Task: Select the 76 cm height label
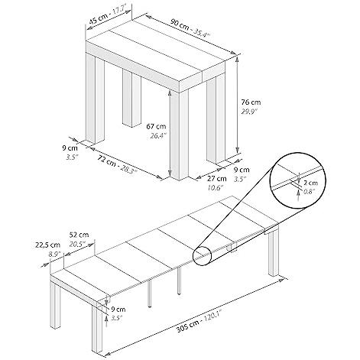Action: point(251,102)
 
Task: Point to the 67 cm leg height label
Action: point(156,126)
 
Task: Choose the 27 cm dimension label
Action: point(217,178)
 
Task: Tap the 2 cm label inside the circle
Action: point(311,183)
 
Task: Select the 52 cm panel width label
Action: point(79,235)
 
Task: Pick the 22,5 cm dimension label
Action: point(47,245)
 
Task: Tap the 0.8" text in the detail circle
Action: point(309,192)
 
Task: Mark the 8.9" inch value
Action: point(54,254)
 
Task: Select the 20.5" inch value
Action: point(77,244)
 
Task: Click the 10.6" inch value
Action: point(215,188)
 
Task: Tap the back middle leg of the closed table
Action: point(131,99)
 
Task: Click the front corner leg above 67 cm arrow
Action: point(180,135)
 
